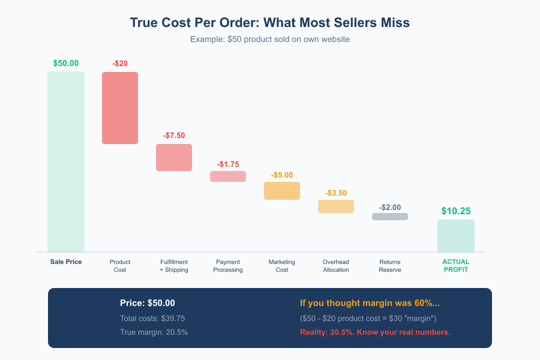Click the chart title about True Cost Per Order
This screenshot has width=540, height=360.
(x=270, y=23)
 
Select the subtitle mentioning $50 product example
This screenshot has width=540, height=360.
(x=270, y=39)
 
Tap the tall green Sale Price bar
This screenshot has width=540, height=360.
(x=66, y=162)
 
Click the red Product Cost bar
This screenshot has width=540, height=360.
(x=120, y=108)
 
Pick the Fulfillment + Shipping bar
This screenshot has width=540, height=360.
(x=174, y=157)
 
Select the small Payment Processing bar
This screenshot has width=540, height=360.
(x=228, y=176)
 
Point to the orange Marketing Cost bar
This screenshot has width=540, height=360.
(x=282, y=191)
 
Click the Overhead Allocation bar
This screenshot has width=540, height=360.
(x=336, y=206)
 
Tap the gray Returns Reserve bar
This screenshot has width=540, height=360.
(x=390, y=217)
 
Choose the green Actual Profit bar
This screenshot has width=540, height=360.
(x=456, y=236)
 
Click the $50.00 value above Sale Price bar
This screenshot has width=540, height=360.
(x=66, y=63)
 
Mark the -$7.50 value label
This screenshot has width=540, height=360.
(x=174, y=136)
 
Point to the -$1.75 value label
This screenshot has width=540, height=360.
(x=228, y=164)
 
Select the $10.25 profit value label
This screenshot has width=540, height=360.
(x=456, y=211)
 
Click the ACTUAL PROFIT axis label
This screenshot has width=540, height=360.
(x=456, y=266)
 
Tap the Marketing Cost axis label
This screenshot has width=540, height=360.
(x=282, y=266)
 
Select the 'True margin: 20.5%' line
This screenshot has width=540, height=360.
(x=154, y=332)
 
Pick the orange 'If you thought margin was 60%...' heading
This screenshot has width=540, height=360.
(x=370, y=304)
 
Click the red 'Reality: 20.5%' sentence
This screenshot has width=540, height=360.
(x=375, y=332)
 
